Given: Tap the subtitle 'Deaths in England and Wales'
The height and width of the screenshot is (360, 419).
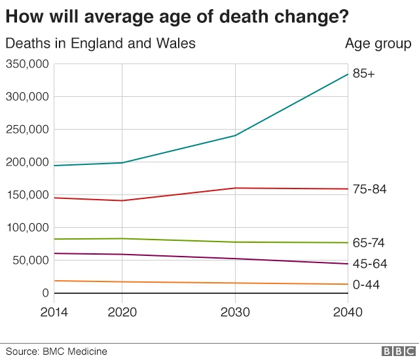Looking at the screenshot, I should (x=100, y=44).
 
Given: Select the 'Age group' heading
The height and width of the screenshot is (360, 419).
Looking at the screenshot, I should (x=378, y=44).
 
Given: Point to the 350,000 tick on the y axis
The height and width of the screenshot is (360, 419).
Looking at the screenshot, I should (x=27, y=64).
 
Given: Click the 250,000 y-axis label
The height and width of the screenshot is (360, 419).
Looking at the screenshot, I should (x=27, y=130).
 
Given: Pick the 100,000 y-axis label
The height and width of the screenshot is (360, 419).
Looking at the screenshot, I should (x=27, y=228).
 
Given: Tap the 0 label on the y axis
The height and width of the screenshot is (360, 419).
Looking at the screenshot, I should (x=44, y=293).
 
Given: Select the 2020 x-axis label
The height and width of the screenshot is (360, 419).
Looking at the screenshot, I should (x=122, y=312).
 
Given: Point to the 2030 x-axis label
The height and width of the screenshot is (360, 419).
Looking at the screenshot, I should (x=235, y=312).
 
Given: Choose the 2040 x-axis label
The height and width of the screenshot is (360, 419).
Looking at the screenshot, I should (x=347, y=312).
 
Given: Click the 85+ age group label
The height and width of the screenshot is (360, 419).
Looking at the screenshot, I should (x=364, y=74).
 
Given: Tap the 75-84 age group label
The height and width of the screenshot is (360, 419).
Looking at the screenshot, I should (x=369, y=189).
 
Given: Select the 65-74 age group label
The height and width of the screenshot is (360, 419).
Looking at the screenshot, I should (x=369, y=243).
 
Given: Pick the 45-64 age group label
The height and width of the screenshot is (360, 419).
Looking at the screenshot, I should (x=369, y=264).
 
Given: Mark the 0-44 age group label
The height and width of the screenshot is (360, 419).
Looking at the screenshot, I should (x=366, y=285).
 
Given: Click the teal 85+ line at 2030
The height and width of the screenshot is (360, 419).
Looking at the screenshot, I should (x=235, y=135).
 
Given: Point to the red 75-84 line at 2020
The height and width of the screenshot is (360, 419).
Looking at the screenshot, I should (x=122, y=200).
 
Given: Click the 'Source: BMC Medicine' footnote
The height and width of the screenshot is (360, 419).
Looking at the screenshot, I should (x=56, y=351).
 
